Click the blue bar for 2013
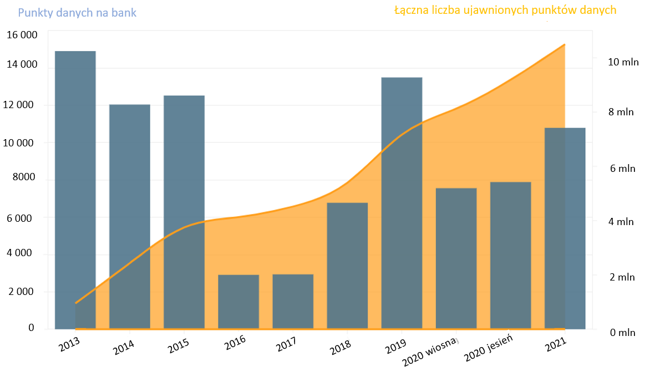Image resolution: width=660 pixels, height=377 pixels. pos(75,188)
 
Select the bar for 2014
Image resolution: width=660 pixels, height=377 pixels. pos(130,216)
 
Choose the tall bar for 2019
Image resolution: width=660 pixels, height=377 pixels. pos(402,202)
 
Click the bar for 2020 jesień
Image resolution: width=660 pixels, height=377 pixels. pos(510,255)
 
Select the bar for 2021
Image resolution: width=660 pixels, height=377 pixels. pos(565,228)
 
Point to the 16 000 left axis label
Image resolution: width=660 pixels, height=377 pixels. pos(22,35)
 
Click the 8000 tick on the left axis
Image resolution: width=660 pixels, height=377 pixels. pos(24,178)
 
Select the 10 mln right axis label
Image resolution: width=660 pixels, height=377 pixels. pos(623,62)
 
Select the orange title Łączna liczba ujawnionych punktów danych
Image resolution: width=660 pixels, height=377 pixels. pos(505,11)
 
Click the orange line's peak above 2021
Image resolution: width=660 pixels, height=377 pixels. pos(565,44)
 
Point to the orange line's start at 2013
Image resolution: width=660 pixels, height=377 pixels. pos(76,303)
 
